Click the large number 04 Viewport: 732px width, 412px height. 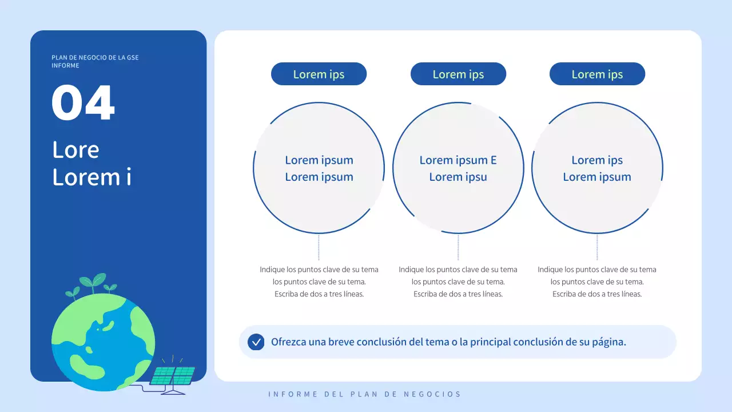coord(83,103)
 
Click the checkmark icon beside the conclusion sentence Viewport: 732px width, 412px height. coord(256,342)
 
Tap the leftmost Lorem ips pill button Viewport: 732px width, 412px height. coord(319,74)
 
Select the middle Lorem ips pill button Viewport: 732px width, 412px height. coord(458,74)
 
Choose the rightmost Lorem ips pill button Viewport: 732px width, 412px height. coord(597,74)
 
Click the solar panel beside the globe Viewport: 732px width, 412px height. coord(172,376)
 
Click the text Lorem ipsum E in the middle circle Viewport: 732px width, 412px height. coord(458,160)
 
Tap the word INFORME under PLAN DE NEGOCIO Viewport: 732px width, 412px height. coord(65,66)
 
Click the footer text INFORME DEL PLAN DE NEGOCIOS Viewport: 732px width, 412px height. coord(364,394)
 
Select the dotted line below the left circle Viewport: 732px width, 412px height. coord(319,247)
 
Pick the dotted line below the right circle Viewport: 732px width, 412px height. coord(597,247)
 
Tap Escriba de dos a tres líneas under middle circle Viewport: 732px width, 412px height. coord(458,294)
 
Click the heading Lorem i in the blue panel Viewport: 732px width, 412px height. coord(91,177)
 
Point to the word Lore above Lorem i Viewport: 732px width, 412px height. coord(75,150)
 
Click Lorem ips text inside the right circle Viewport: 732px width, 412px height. coord(597,160)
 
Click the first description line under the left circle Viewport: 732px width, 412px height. coord(319,270)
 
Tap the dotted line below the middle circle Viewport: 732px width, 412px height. coord(458,247)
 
